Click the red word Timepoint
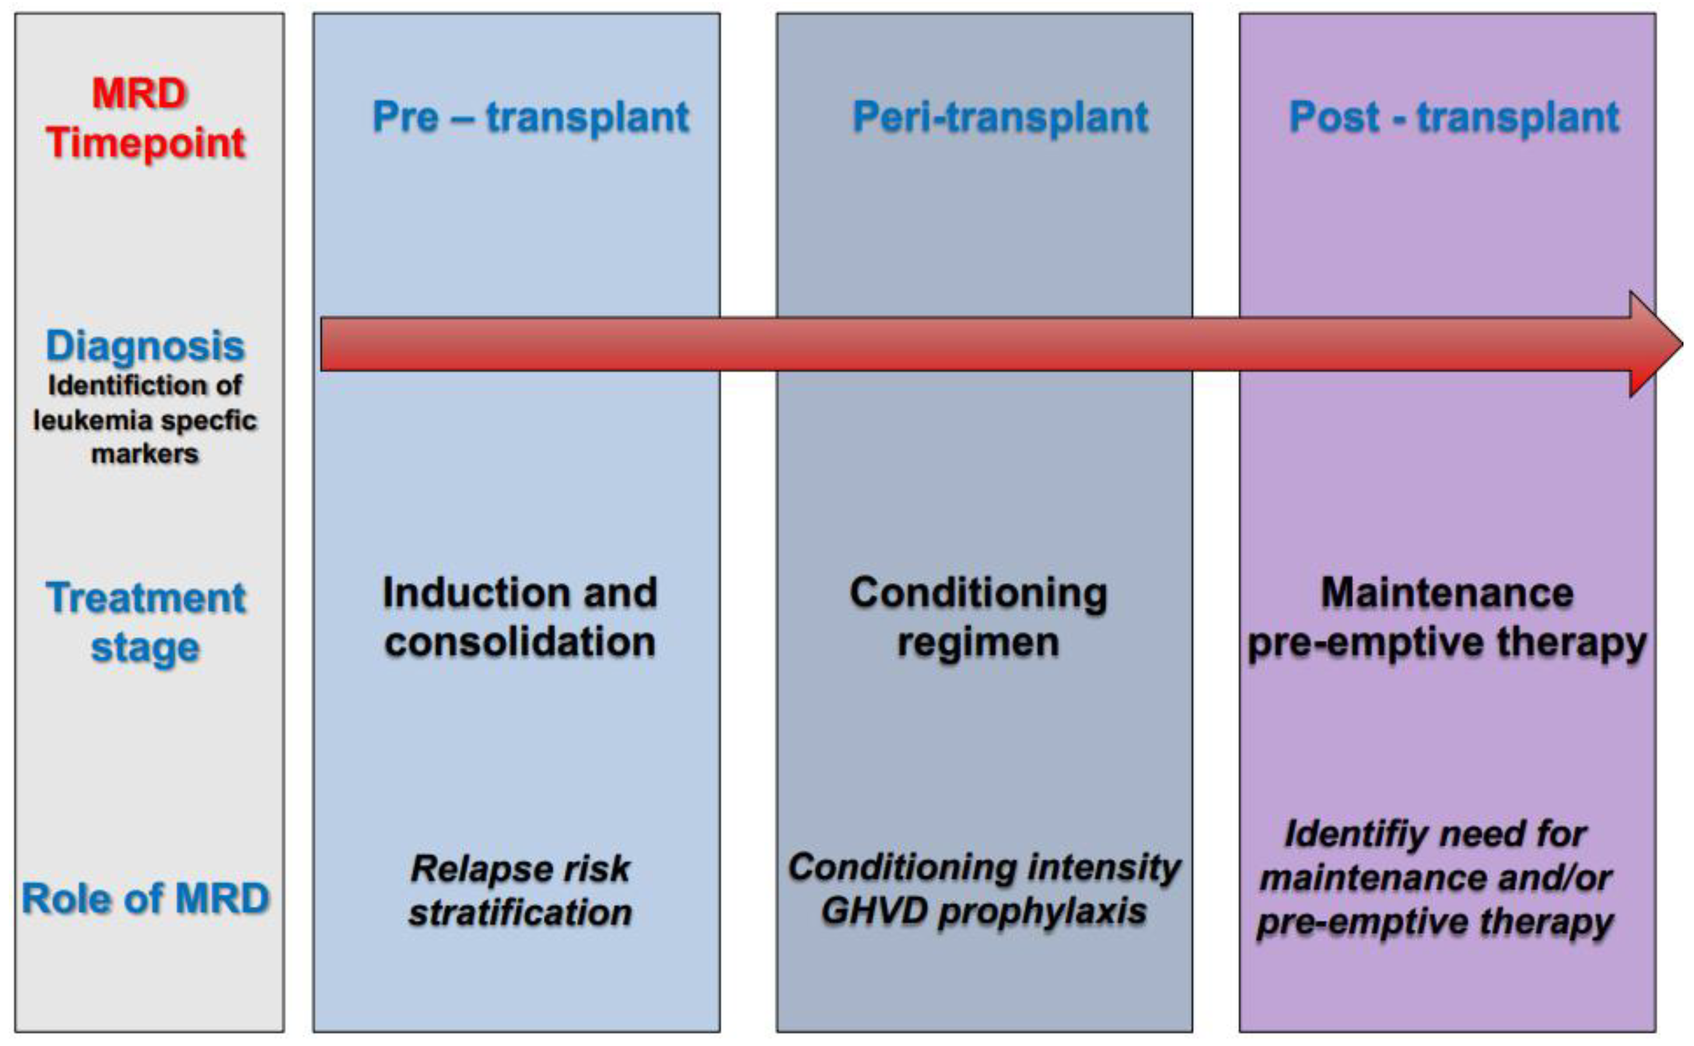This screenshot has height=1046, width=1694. click(x=145, y=143)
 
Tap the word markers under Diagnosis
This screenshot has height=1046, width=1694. click(x=145, y=455)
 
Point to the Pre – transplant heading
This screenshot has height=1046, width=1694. click(x=530, y=117)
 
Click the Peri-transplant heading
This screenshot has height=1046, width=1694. click(x=999, y=117)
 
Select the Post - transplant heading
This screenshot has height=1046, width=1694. click(x=1454, y=117)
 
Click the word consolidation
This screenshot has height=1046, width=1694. click(x=520, y=642)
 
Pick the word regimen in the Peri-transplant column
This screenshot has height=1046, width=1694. click(x=978, y=642)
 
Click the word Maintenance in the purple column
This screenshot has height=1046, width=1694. click(x=1447, y=593)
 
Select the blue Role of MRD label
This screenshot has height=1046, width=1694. click(x=145, y=898)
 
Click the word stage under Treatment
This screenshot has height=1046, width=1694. click(x=145, y=648)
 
